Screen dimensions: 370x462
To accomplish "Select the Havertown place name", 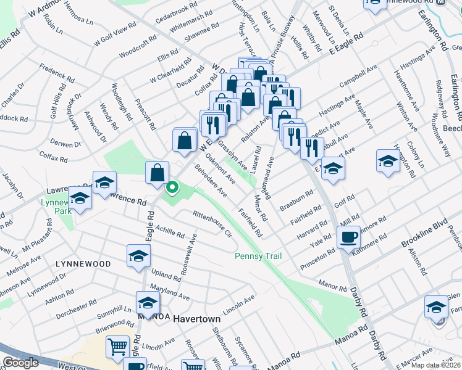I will (197, 319).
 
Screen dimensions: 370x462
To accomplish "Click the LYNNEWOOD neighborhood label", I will (83, 264).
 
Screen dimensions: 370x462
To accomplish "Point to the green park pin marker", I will (172, 187).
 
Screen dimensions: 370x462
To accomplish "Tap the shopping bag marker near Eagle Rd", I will (157, 173).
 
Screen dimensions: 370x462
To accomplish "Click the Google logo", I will (20, 363).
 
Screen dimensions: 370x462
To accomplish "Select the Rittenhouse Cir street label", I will (212, 224).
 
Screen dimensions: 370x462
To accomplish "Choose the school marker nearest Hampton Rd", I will (387, 162).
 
